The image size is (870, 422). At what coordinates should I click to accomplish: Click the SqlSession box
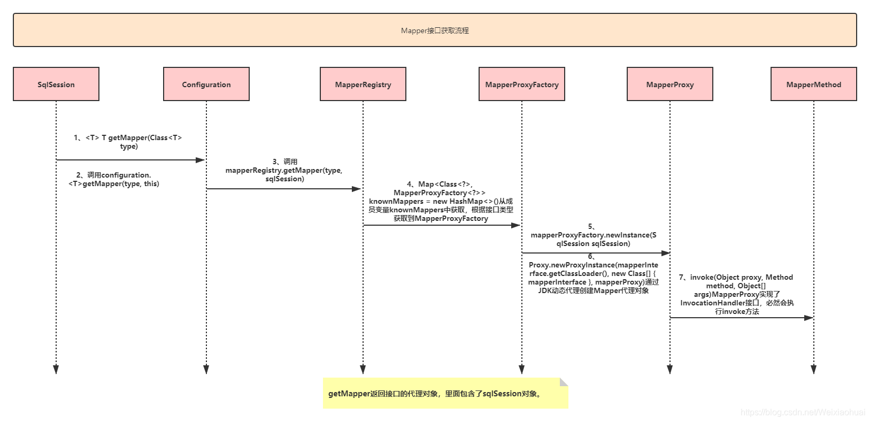(x=56, y=84)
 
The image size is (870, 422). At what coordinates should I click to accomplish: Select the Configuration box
(x=206, y=84)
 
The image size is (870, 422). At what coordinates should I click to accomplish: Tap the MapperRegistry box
(x=363, y=84)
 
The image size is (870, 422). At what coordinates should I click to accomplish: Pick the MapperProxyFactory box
(x=522, y=84)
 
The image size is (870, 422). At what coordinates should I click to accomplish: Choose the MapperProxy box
(x=670, y=84)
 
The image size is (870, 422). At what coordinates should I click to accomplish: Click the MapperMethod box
(x=814, y=84)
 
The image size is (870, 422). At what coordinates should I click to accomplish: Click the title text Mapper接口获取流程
(x=435, y=30)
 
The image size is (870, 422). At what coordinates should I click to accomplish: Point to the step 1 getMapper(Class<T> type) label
(x=128, y=142)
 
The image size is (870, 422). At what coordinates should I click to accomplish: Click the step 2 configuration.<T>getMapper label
(x=114, y=179)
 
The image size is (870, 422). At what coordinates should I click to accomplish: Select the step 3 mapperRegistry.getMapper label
(x=284, y=170)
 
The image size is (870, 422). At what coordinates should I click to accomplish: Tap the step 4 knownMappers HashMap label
(x=441, y=201)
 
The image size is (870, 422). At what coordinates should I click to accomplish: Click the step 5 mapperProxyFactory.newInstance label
(x=593, y=235)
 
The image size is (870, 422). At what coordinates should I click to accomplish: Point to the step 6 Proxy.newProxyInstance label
(x=594, y=274)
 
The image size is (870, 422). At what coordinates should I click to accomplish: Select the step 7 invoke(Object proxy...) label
(x=736, y=294)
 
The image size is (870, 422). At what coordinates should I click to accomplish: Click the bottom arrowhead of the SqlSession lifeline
(x=56, y=370)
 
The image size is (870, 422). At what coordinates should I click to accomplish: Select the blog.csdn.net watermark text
(x=803, y=412)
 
